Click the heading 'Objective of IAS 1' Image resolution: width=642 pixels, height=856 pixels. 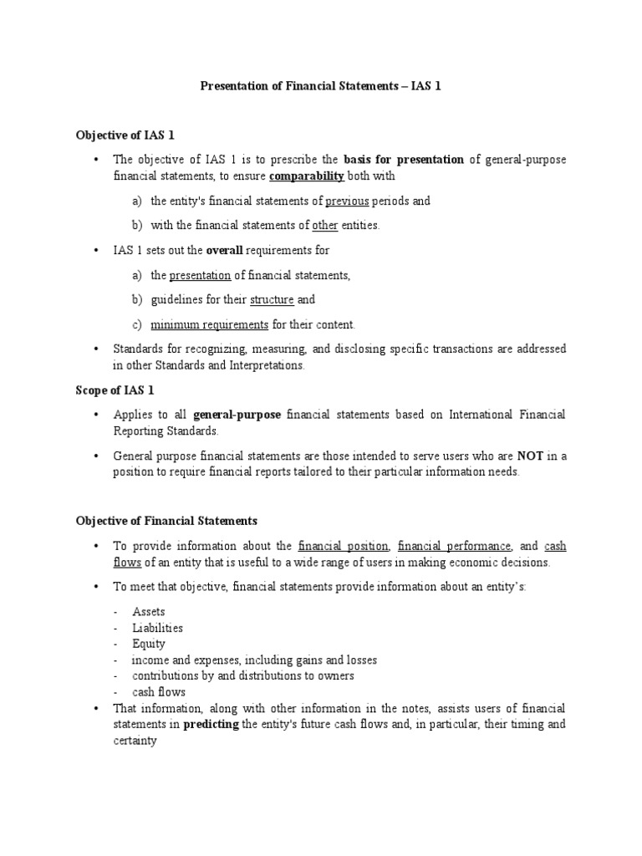click(125, 135)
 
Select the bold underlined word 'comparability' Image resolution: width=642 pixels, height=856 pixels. click(307, 176)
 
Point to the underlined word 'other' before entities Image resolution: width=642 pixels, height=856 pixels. click(325, 225)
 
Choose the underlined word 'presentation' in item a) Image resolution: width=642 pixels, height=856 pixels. click(200, 275)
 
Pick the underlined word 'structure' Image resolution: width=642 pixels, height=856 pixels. click(272, 299)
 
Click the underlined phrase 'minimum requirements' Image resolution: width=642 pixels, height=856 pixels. click(210, 324)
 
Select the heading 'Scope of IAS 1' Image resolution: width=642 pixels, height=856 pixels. click(115, 390)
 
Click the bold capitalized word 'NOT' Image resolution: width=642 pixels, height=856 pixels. click(531, 456)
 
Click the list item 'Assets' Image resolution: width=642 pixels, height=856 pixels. click(148, 612)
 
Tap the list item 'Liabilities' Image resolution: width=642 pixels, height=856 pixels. click(157, 628)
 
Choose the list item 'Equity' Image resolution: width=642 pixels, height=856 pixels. click(148, 644)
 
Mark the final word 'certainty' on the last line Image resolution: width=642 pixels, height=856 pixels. click(135, 741)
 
